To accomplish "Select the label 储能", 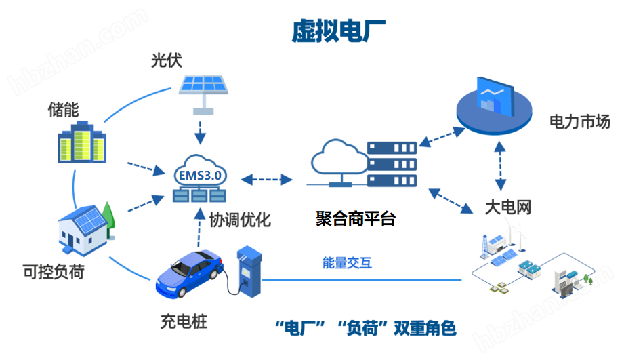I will click(x=63, y=110).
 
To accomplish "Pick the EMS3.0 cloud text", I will click(x=199, y=175).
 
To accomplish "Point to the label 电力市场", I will click(x=579, y=122).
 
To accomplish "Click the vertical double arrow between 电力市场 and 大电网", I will click(x=501, y=166).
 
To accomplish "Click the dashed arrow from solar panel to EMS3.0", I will click(x=200, y=132).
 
